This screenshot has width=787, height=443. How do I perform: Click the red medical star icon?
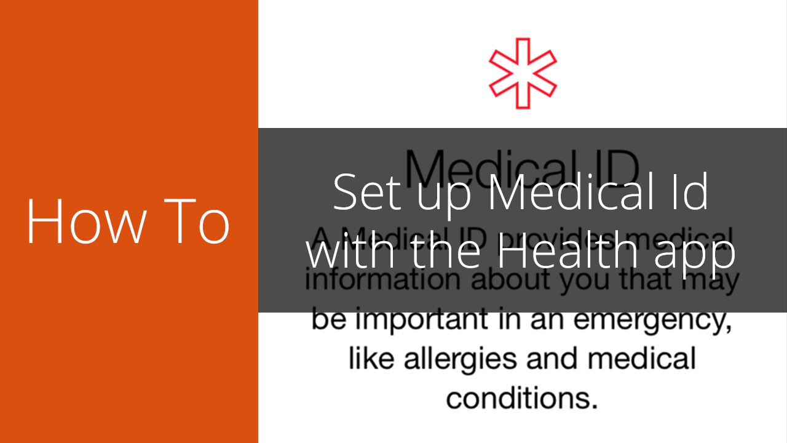pyautogui.click(x=523, y=74)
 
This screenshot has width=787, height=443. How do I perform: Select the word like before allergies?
pyautogui.click(x=373, y=359)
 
